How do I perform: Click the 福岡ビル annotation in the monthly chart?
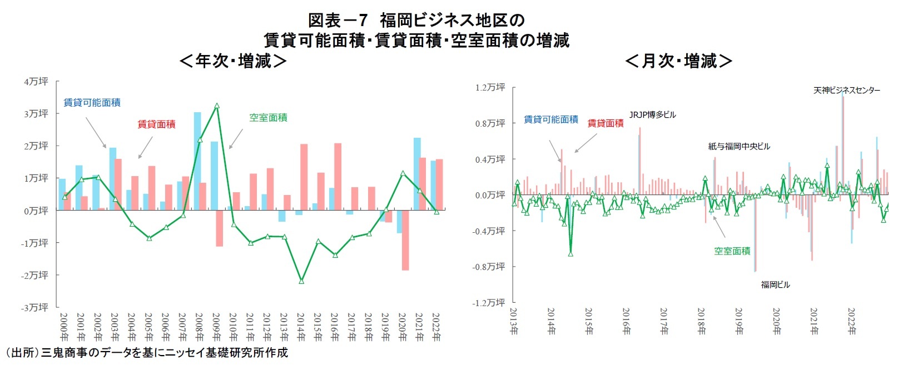pos(775,285)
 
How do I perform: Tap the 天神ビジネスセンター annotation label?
pos(846,90)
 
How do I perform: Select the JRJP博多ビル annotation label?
pos(652,115)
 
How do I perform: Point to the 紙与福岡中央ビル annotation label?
pos(739,147)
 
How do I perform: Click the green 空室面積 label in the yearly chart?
pos(268,118)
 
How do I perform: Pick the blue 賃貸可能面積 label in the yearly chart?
pos(92,103)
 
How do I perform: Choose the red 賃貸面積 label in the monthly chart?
pos(606,123)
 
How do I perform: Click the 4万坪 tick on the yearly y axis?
pos(36,82)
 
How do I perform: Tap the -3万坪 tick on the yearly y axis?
pos(35,307)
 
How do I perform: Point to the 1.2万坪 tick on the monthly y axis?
pos(490,88)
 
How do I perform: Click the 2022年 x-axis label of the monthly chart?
pos(851,322)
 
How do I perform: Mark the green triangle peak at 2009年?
pos(217,106)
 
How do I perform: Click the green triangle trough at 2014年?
pos(301,281)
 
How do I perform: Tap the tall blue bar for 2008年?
pos(197,161)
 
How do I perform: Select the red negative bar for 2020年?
pos(405,240)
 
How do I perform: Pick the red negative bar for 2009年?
pos(219,228)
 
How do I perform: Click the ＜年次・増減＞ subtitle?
pos(233,61)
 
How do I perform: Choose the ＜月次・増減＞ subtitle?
pos(678,61)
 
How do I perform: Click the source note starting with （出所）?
pos(146,353)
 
